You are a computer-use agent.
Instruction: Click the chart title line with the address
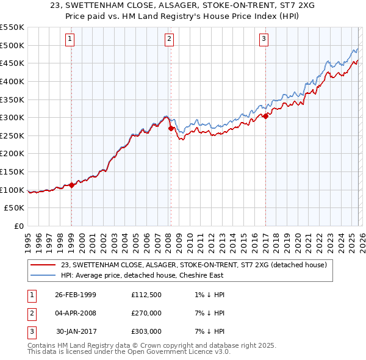pyautogui.click(x=182, y=5)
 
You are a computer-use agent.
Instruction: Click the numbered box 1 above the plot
pyautogui.click(x=71, y=39)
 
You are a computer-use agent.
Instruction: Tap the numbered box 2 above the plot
pyautogui.click(x=169, y=39)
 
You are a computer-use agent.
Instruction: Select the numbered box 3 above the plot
pyautogui.click(x=264, y=39)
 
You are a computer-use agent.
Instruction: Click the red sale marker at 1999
pyautogui.click(x=71, y=185)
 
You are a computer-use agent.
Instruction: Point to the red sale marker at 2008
pyautogui.click(x=170, y=128)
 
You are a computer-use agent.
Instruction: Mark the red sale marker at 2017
pyautogui.click(x=266, y=116)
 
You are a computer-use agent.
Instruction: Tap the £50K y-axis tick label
pyautogui.click(x=15, y=208)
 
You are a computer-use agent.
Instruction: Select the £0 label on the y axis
pyautogui.click(x=18, y=226)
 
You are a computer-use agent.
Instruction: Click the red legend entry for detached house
pyautogui.click(x=194, y=265)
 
